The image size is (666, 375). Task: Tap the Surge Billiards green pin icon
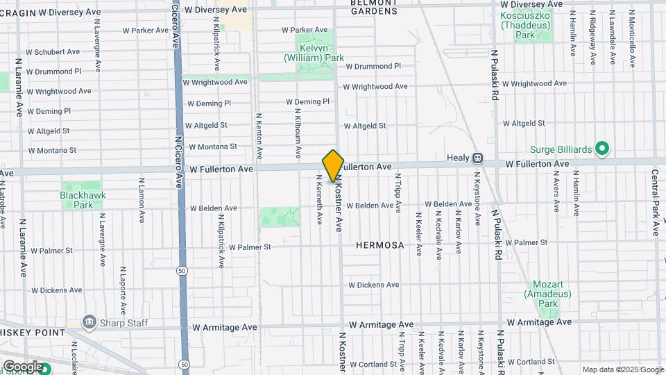click(602, 149)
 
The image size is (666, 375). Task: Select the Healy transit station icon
click(477, 158)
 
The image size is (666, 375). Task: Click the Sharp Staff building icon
click(89, 322)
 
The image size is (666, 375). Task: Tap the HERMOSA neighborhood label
click(379, 246)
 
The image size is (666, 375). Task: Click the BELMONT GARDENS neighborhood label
click(374, 7)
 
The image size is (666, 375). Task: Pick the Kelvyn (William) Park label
click(314, 53)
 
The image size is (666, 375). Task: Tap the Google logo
click(22, 366)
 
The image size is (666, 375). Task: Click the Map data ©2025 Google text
click(622, 369)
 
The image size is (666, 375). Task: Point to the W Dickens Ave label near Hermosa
click(373, 285)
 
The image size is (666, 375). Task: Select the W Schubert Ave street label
click(53, 52)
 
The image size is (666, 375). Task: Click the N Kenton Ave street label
click(259, 135)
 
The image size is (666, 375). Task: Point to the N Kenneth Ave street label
click(319, 199)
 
